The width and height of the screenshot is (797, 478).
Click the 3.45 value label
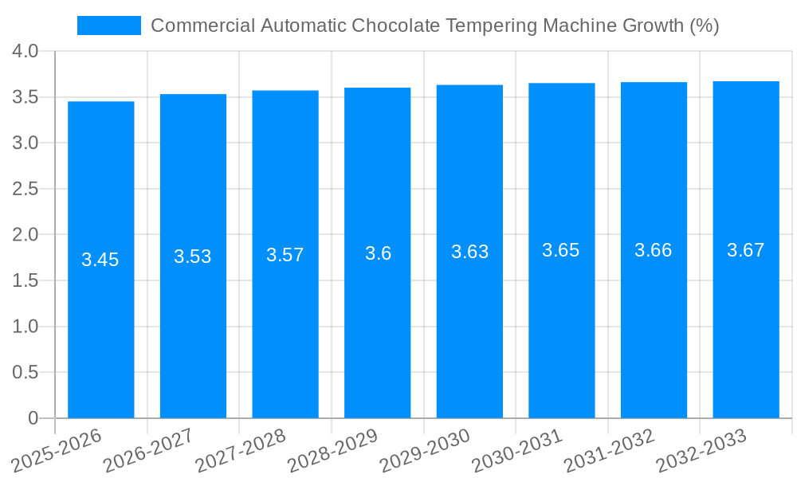tap(100, 260)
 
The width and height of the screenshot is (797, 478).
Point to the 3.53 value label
tap(193, 257)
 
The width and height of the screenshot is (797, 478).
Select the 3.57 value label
tap(285, 255)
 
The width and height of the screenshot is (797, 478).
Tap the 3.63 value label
tap(469, 252)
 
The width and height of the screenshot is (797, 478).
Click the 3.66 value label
tap(654, 250)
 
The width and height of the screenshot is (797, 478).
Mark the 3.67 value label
tap(746, 250)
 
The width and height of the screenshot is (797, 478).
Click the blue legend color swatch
tap(108, 25)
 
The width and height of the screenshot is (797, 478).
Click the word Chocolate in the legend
tap(394, 25)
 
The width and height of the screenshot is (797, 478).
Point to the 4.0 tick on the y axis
tap(26, 52)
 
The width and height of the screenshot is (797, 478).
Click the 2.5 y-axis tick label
tap(26, 189)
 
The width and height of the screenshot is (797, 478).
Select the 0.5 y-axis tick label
tap(26, 372)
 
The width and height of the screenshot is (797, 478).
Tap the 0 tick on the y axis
tap(33, 418)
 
